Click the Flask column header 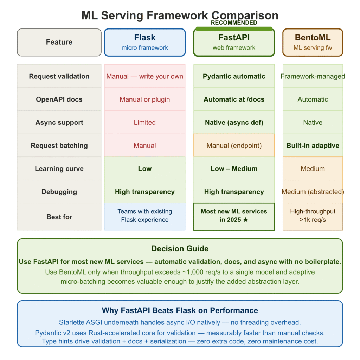click(144, 42)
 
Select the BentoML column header click(313, 42)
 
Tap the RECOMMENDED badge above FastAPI click(234, 23)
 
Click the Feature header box click(59, 42)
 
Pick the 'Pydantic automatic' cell click(234, 76)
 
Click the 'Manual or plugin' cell click(144, 99)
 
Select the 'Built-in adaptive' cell click(313, 146)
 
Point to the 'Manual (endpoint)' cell click(234, 146)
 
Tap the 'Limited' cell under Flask click(144, 123)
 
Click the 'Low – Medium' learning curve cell click(234, 169)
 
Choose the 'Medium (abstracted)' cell click(313, 192)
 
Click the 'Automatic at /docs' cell click(234, 99)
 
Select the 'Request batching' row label click(59, 146)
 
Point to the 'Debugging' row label click(59, 192)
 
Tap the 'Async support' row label click(59, 123)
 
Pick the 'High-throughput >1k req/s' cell click(313, 216)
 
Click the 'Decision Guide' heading click(180, 249)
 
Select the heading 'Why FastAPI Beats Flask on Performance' click(180, 310)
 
